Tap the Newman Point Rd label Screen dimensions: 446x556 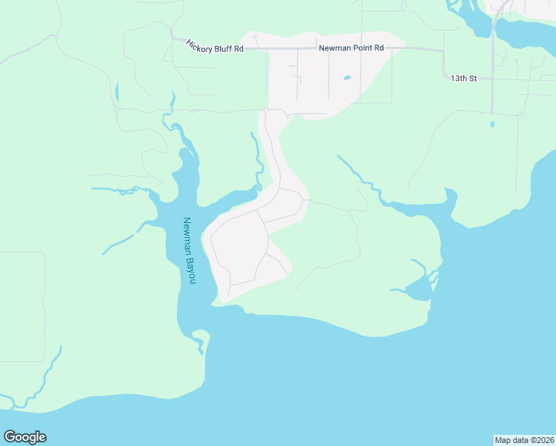pos(351,48)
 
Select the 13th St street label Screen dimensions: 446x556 pos(464,77)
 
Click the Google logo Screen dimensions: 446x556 pos(25,437)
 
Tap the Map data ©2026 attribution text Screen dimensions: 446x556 pos(524,439)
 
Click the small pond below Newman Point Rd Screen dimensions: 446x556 pos(346,77)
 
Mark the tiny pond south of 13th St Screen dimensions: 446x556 pos(492,124)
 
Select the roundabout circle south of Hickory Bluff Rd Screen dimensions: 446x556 pos(266,110)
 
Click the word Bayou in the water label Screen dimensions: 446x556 pos(192,271)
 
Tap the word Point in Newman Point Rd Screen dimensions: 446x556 pos(361,48)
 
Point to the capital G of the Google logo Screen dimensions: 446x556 pos(10,437)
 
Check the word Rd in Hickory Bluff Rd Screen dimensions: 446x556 pos(239,51)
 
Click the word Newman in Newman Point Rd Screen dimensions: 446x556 pos(334,48)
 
